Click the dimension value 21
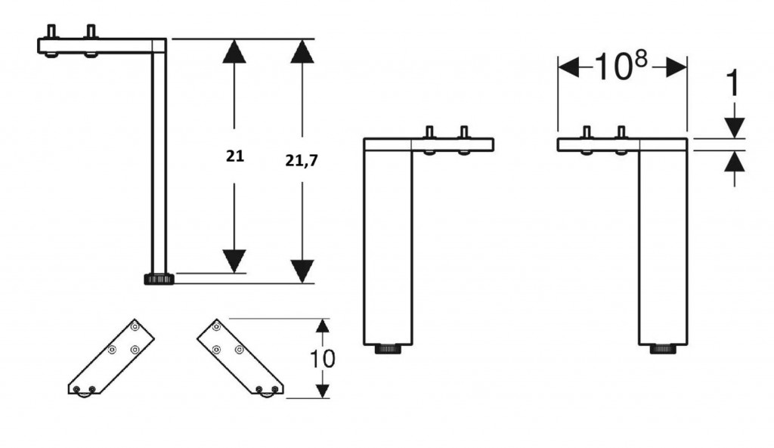(x=235, y=156)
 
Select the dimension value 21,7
(x=302, y=160)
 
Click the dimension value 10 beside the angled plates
(x=322, y=359)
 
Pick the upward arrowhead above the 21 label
(x=234, y=51)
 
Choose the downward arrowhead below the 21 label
(x=234, y=261)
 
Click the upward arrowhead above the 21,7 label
(x=302, y=51)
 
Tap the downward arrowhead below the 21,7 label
(x=302, y=271)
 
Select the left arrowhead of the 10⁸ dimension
(x=568, y=66)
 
